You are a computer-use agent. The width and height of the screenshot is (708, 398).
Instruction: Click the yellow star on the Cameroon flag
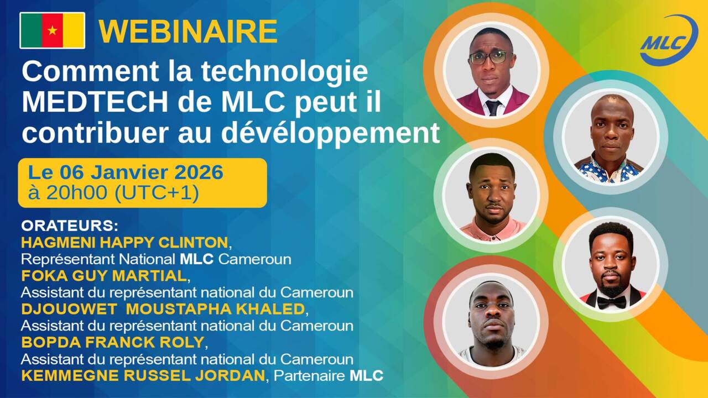pyautogui.click(x=52, y=30)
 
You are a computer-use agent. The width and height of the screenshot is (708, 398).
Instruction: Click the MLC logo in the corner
pyautogui.click(x=669, y=41)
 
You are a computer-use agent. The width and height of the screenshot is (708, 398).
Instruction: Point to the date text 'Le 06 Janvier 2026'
pyautogui.click(x=126, y=173)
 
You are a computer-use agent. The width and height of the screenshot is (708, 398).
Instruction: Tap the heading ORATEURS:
pyautogui.click(x=70, y=227)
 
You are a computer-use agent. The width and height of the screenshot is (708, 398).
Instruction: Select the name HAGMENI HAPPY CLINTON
pyautogui.click(x=124, y=242)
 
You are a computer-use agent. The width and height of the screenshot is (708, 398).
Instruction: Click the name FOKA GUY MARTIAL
pyautogui.click(x=103, y=275)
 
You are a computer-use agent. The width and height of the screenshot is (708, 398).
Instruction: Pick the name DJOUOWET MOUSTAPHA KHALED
pyautogui.click(x=163, y=308)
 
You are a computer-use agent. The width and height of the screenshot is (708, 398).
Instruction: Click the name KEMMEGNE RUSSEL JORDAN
pyautogui.click(x=143, y=376)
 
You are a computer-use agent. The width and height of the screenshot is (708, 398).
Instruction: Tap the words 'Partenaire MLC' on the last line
pyautogui.click(x=329, y=376)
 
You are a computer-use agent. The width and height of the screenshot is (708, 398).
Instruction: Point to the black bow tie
pyautogui.click(x=611, y=302)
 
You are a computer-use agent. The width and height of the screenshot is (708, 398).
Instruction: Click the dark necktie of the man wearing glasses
pyautogui.click(x=493, y=107)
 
